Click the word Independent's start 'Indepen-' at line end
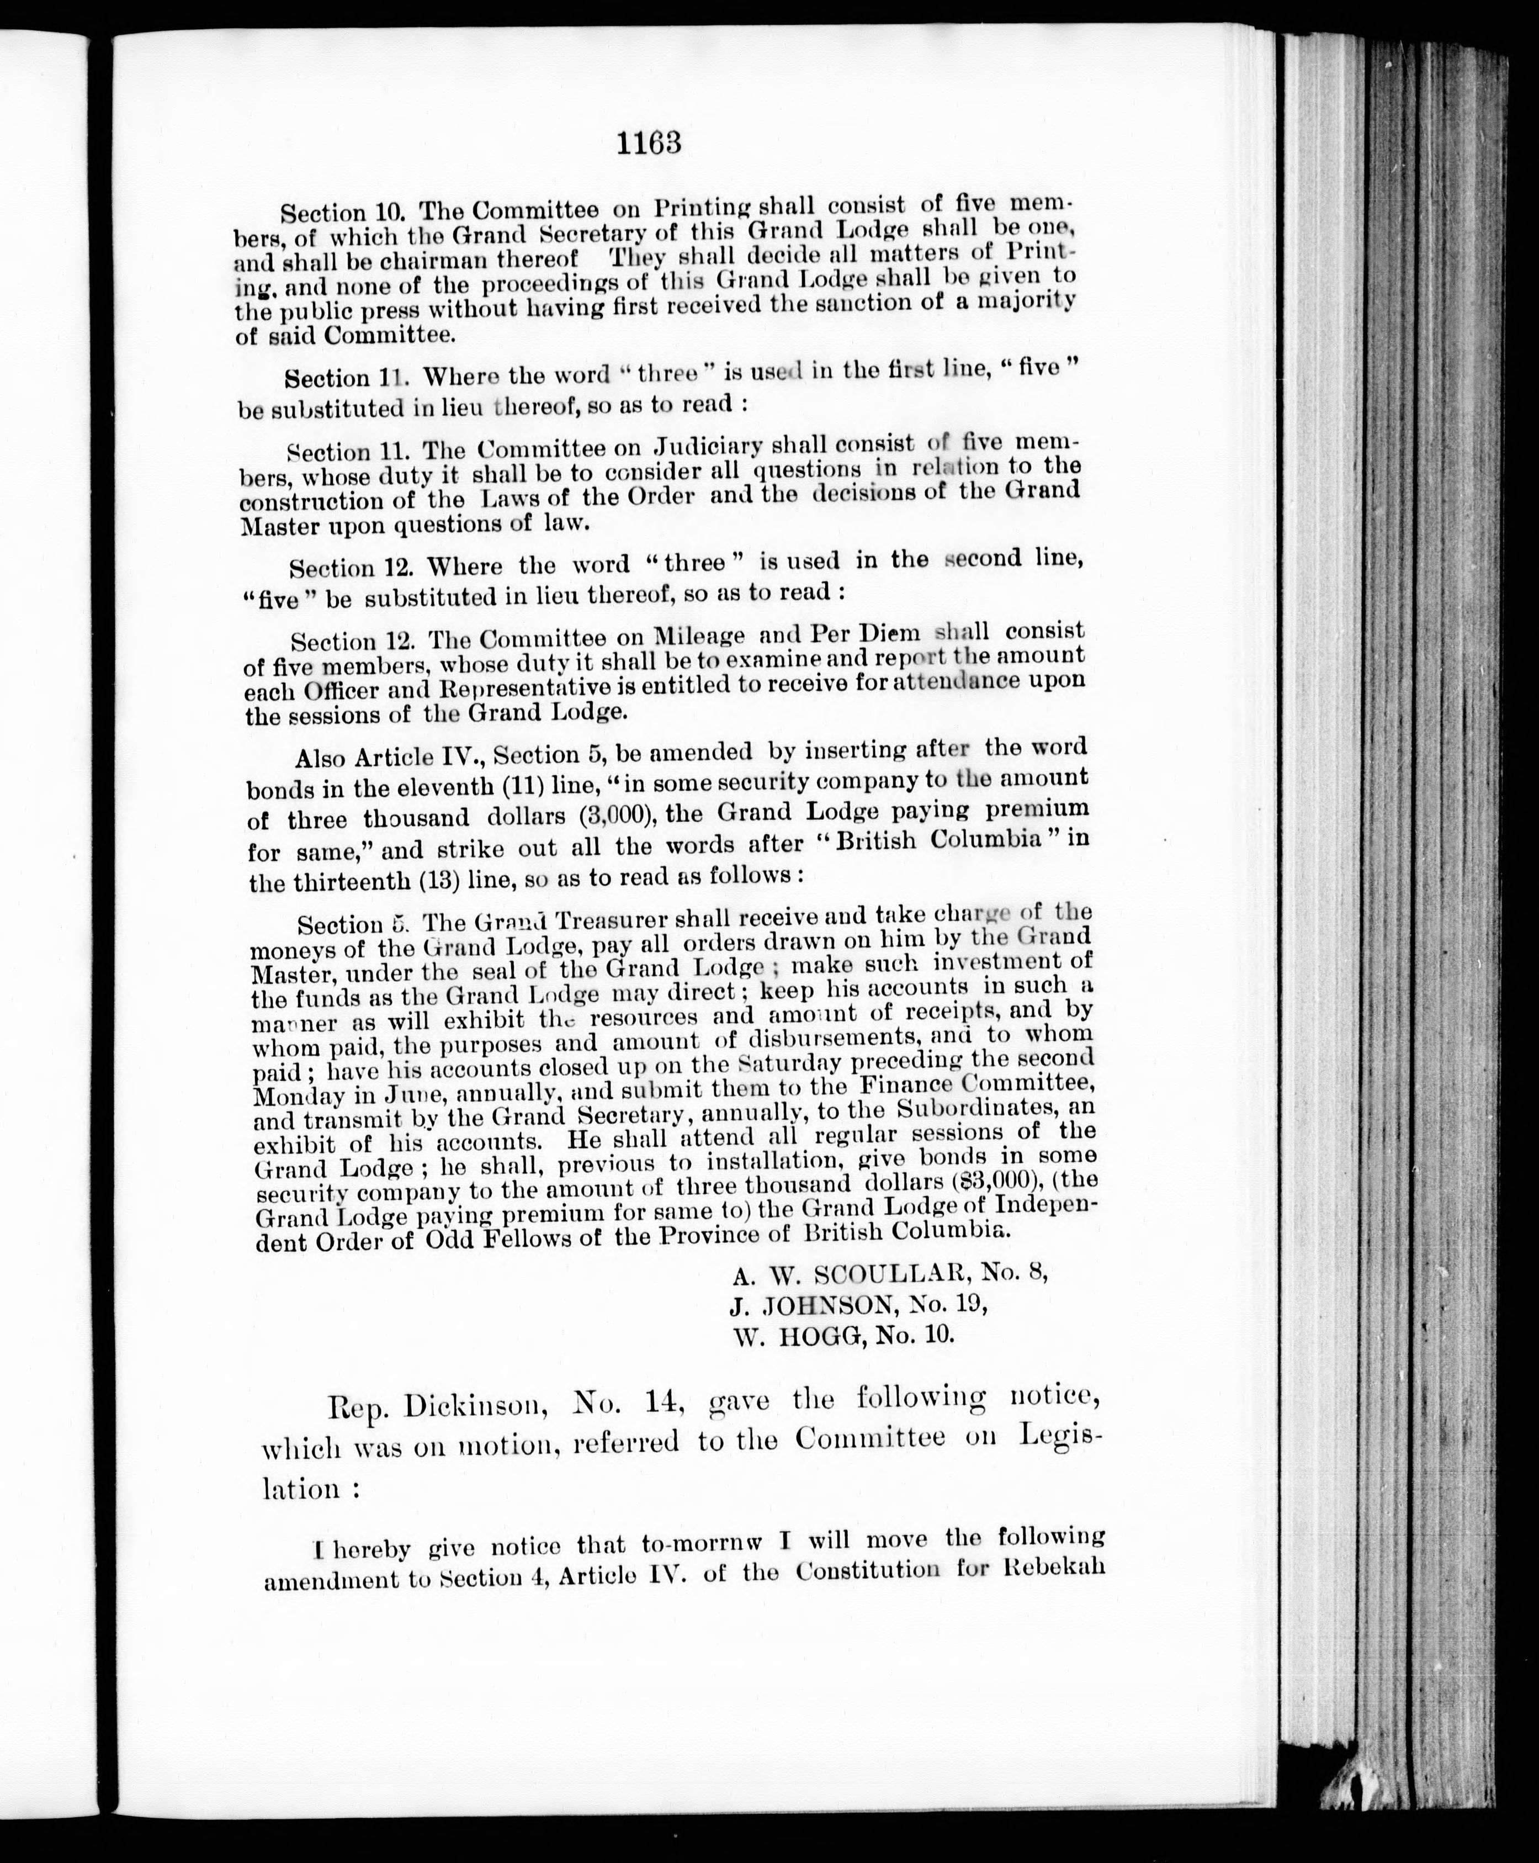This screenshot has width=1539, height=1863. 1047,1206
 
